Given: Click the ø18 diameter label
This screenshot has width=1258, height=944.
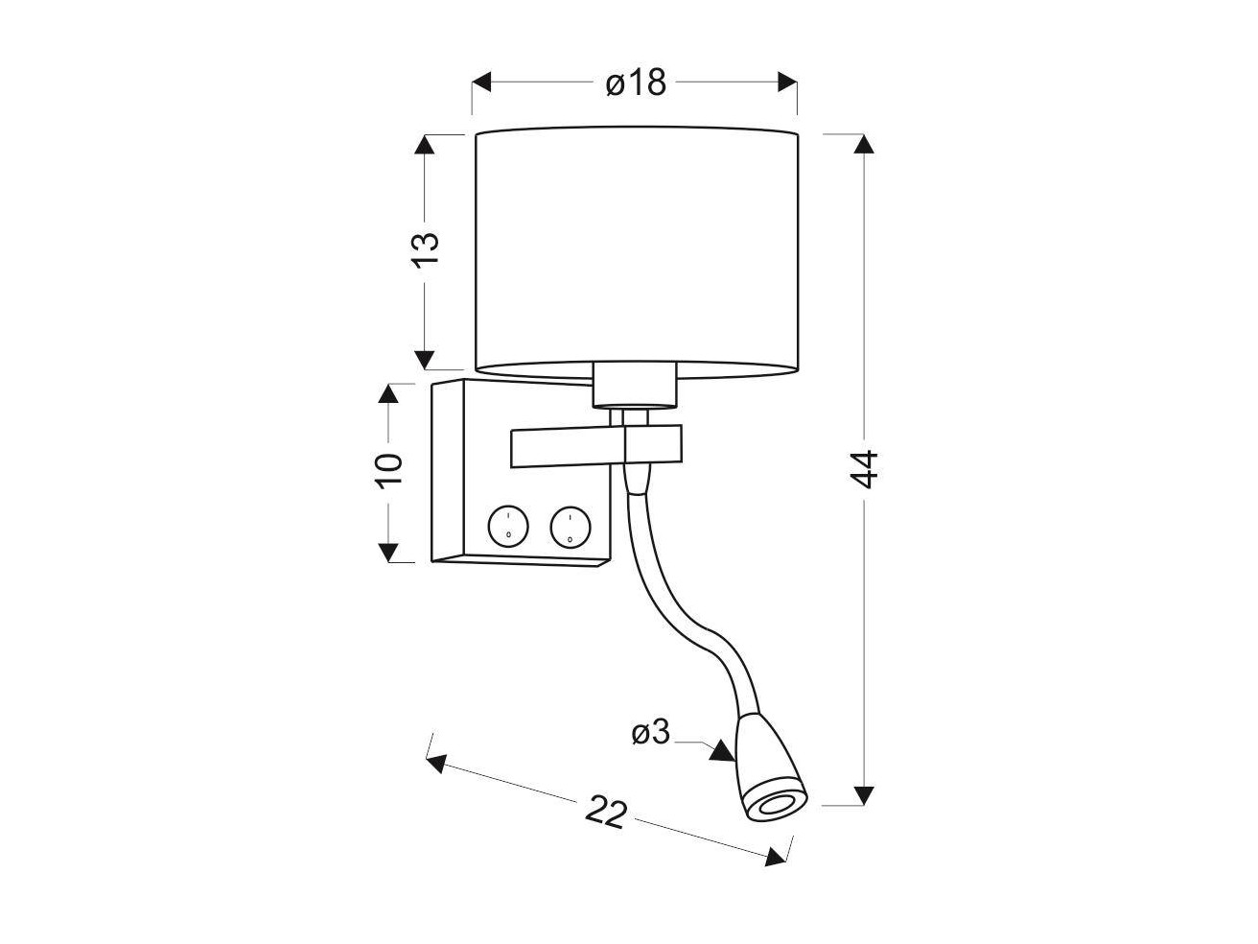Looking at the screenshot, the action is coord(636,83).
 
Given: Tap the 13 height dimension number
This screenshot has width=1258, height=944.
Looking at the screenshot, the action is coord(426,249).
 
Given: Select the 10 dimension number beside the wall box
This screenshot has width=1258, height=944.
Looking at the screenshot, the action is coord(389,471).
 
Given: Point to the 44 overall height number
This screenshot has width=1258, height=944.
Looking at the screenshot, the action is coord(863,469).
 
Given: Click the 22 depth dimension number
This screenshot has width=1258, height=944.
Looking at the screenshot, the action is coord(606,811).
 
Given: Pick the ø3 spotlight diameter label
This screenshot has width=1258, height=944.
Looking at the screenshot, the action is coord(650,732).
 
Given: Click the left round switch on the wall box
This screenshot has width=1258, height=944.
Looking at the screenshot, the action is coord(508,526).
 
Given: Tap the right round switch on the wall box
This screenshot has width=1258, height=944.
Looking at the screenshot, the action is coord(571,526).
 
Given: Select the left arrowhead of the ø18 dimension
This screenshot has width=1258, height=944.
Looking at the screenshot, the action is coord(482,82).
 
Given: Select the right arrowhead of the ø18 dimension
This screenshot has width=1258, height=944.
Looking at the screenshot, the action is coord(787,82).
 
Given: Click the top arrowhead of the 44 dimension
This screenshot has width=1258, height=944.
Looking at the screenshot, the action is coord(863,144).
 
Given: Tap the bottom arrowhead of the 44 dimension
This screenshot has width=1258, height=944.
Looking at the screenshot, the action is coord(863,795).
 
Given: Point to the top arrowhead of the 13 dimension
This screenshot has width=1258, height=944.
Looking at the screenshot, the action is coord(424,145).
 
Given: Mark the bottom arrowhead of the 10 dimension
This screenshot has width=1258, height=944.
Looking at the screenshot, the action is coord(388,553).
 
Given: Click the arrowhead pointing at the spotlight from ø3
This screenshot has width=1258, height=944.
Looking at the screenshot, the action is coord(723,753).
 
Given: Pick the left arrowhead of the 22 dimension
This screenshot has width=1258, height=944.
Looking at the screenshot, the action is coord(437,764).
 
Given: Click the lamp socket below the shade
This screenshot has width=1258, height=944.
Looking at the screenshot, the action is coord(635,385).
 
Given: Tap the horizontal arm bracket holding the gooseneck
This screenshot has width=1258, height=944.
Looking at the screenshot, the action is coord(596,447).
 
